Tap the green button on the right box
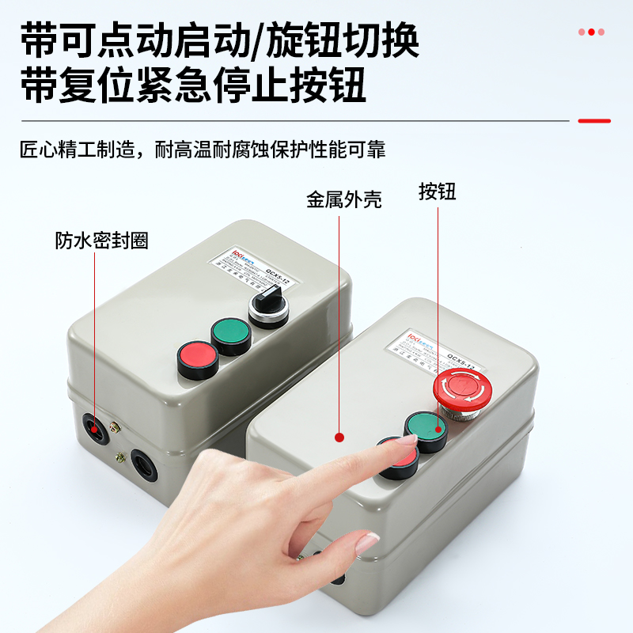click(426, 430)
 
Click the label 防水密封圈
click(101, 241)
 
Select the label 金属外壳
click(344, 199)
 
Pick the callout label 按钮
click(438, 191)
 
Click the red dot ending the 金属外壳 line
click(339, 436)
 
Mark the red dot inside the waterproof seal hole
click(95, 428)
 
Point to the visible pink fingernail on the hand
click(366, 544)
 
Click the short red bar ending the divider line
click(594, 121)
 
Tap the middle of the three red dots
click(591, 32)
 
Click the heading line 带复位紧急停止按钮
click(195, 87)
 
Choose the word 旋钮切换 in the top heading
click(341, 40)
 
